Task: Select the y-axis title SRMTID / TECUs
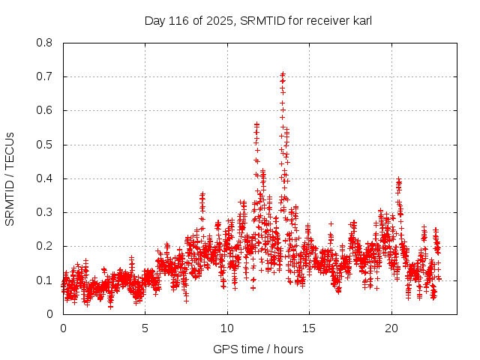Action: click(10, 179)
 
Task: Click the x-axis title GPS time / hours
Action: click(258, 349)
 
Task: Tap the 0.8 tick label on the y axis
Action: click(46, 43)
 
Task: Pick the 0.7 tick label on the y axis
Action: click(46, 76)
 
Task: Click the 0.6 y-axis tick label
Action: click(46, 110)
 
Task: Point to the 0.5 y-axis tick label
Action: click(46, 145)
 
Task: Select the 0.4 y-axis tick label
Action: click(46, 178)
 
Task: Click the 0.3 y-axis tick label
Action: click(46, 212)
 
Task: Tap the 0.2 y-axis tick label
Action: click(46, 246)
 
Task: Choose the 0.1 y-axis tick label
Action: click(46, 280)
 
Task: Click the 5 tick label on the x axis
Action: click(145, 328)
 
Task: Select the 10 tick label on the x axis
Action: click(227, 328)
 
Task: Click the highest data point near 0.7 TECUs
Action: click(282, 73)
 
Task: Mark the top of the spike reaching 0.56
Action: click(256, 124)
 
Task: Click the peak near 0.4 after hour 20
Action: click(398, 180)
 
